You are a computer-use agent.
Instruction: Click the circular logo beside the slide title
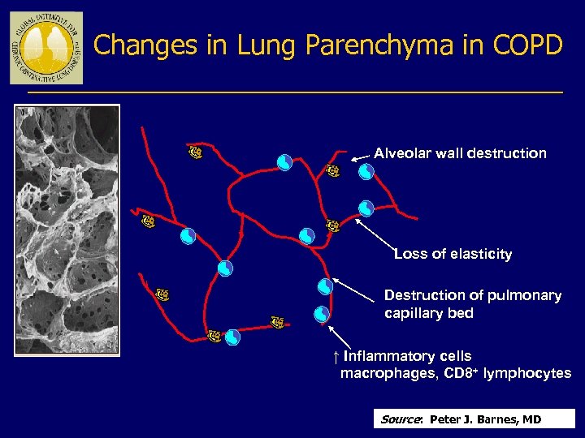tap(45, 49)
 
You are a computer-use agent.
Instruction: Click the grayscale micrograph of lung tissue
tap(67, 230)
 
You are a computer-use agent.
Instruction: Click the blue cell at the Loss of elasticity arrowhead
tap(366, 208)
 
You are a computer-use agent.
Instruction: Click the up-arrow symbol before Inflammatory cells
tap(335, 357)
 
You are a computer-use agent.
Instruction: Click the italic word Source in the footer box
tap(401, 419)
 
